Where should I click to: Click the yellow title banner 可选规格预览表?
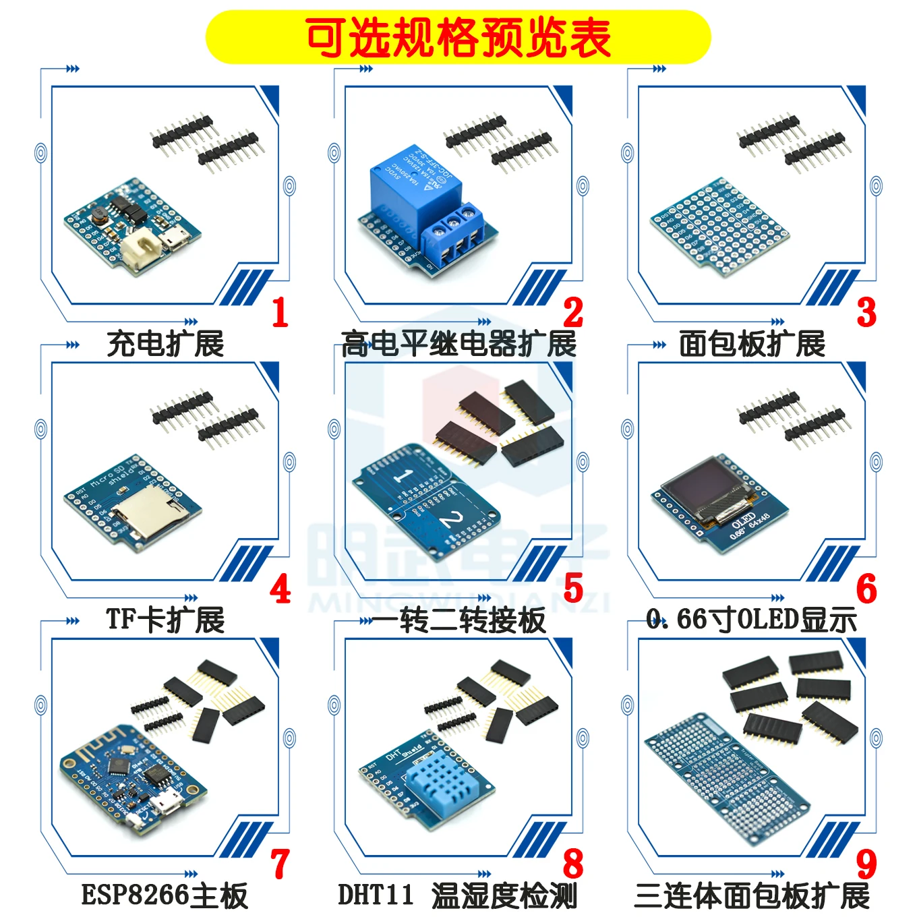click(x=458, y=37)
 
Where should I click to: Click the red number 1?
click(x=280, y=313)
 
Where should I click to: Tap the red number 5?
click(x=573, y=589)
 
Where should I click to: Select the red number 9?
click(x=866, y=864)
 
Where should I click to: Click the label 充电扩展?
click(x=165, y=344)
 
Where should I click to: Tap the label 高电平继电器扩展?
click(x=459, y=344)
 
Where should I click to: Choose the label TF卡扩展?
click(x=165, y=620)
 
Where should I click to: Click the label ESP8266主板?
click(x=165, y=895)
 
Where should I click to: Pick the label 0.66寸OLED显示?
click(x=752, y=620)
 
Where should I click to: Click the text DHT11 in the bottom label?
click(x=376, y=895)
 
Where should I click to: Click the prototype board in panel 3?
click(x=718, y=226)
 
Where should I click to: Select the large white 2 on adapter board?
click(x=452, y=520)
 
